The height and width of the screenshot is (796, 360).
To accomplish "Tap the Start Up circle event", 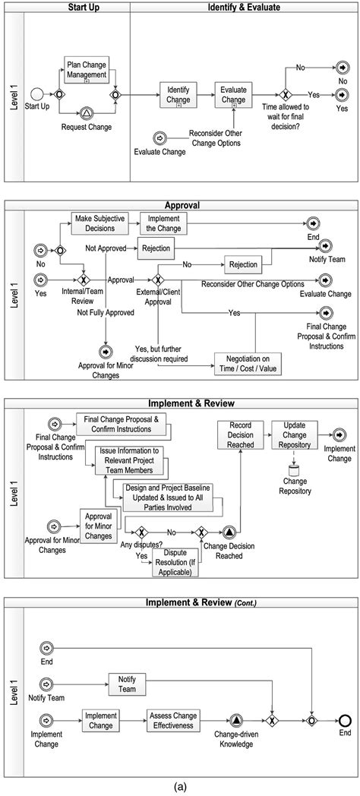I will [x=36, y=94].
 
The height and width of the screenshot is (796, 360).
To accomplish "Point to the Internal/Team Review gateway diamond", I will [x=84, y=280].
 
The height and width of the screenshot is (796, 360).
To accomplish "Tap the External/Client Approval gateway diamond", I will [x=158, y=280].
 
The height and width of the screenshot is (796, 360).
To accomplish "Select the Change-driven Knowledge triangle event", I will [x=236, y=719].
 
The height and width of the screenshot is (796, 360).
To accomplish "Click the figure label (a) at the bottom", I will [x=179, y=788].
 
